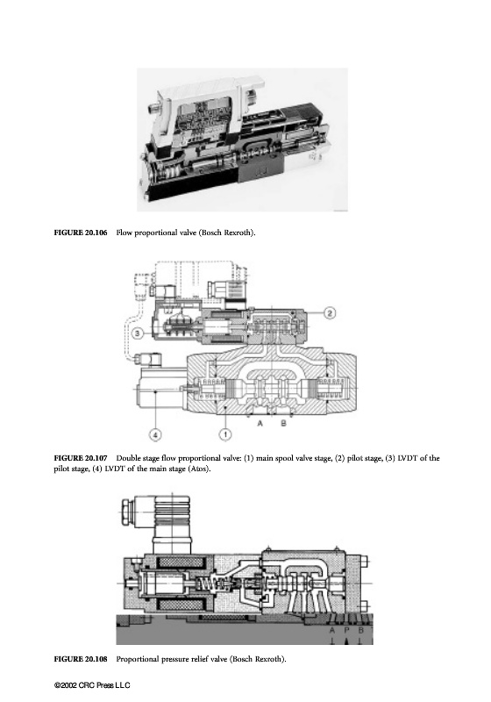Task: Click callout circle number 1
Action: [226, 433]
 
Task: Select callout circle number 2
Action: [329, 313]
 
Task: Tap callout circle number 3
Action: [139, 333]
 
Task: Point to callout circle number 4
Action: [154, 433]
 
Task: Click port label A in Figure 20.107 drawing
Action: [260, 423]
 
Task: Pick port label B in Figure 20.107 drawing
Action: [283, 423]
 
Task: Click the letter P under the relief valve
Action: [346, 630]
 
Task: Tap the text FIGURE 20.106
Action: [81, 233]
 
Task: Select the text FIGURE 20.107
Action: [81, 458]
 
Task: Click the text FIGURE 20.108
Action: [81, 659]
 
